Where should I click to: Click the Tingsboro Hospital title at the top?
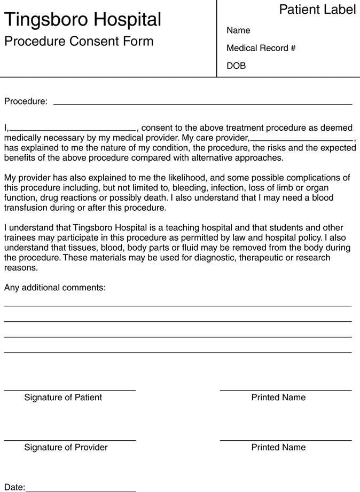(x=83, y=20)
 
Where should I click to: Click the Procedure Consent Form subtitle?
(x=79, y=41)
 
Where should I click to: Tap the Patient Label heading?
(x=317, y=9)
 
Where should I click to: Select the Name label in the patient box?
(x=238, y=30)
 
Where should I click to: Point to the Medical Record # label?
(x=261, y=48)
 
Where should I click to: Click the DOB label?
(x=236, y=66)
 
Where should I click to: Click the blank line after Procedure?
(x=202, y=104)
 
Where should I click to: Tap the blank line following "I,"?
(x=73, y=130)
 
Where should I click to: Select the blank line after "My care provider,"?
(x=301, y=140)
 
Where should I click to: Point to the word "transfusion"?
(x=26, y=208)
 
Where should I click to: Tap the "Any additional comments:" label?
(x=55, y=288)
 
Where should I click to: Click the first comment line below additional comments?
(x=178, y=306)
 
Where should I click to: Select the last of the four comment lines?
(x=178, y=352)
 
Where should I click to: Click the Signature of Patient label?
(x=63, y=398)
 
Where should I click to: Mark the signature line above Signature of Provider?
(x=70, y=441)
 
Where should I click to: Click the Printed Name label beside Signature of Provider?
(x=278, y=447)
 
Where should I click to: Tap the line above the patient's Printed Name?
(x=286, y=391)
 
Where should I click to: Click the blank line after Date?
(x=80, y=490)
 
